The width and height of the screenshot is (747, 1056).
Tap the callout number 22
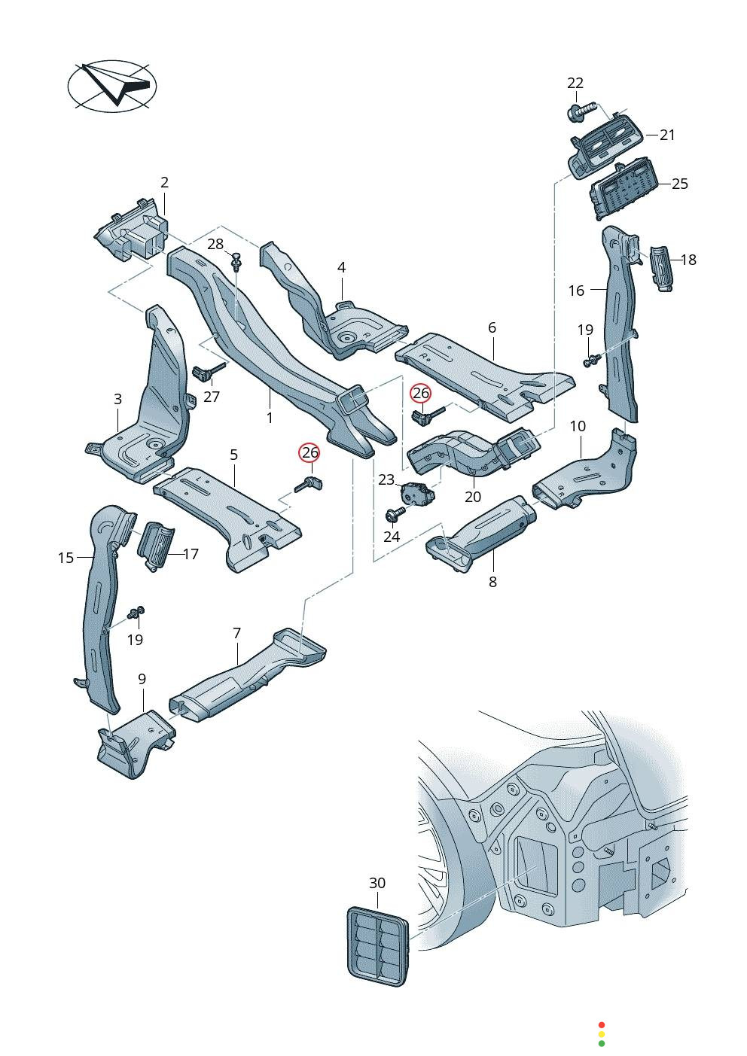[x=575, y=83]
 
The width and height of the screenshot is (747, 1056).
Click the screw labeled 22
[x=578, y=113]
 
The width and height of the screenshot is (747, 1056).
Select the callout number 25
[x=680, y=184]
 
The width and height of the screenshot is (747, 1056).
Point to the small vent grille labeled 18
[x=660, y=266]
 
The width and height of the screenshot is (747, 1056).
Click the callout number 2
[x=164, y=182]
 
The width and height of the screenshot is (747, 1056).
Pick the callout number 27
[x=212, y=397]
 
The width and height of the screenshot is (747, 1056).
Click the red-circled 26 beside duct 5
[x=309, y=452]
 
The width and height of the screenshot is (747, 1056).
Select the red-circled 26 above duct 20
[x=420, y=393]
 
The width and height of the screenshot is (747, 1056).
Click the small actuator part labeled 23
[x=413, y=493]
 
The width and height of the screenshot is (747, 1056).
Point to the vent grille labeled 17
[x=156, y=546]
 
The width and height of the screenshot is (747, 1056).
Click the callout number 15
[x=66, y=558]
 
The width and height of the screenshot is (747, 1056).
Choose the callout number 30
[x=377, y=883]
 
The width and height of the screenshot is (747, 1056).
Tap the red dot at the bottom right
[x=601, y=1025]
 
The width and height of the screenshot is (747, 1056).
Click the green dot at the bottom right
[x=601, y=1043]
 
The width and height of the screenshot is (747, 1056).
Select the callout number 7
[x=236, y=633]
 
